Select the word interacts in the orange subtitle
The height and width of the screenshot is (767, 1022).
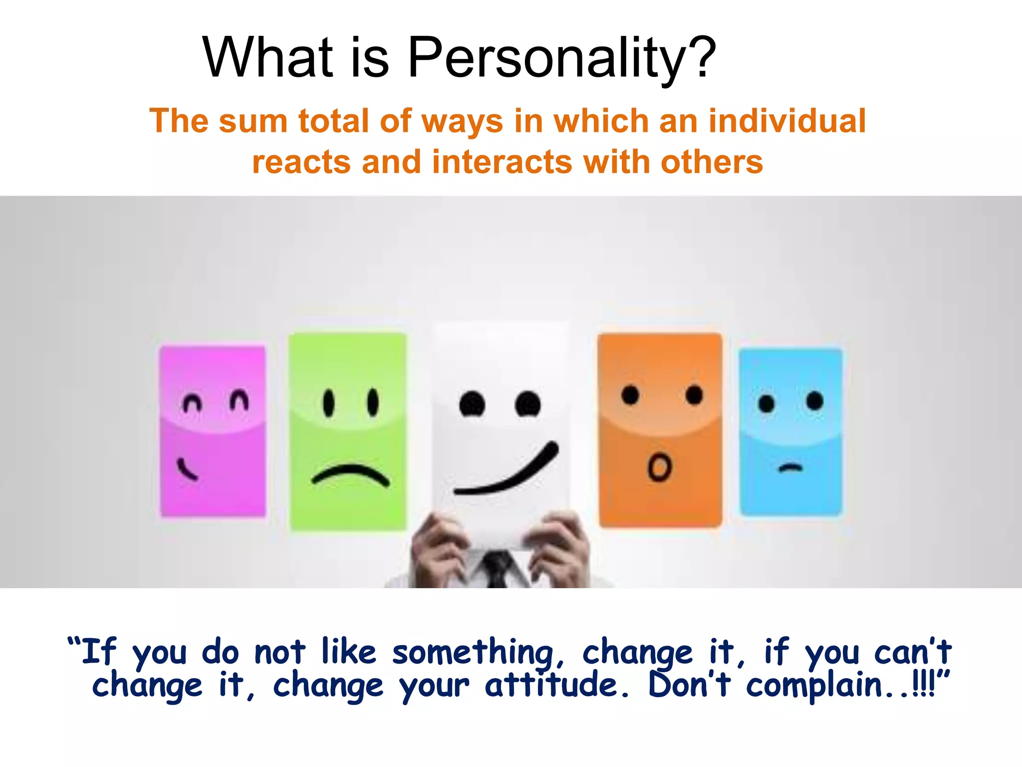pos(502,162)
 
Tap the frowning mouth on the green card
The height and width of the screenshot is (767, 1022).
pos(350,474)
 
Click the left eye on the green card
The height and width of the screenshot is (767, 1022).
pos(328,402)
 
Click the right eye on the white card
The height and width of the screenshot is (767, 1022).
pos(527,403)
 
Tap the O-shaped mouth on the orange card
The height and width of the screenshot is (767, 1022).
pos(660,467)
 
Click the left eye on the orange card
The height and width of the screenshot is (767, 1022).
pos(630,395)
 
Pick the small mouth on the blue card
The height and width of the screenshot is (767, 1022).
pos(791,468)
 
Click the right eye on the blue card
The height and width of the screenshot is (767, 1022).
pos(814,400)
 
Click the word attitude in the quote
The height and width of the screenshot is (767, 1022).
pos(551,685)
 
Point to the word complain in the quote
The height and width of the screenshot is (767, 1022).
pos(813,686)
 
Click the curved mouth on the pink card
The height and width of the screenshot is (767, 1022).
pos(188,470)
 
